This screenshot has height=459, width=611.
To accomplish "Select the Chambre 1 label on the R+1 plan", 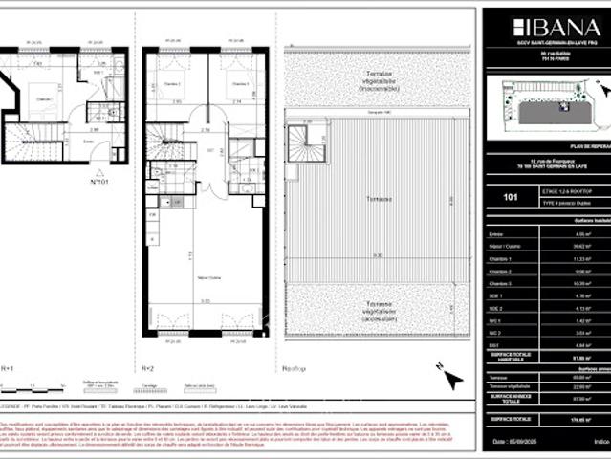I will coord(44,98).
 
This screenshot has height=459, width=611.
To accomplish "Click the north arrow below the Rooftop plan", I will coord(451,379).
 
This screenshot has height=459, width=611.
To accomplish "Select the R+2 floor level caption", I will coord(148,366).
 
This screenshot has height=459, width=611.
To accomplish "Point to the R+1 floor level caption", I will coord(7,366).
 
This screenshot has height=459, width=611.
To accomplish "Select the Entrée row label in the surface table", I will coord(493,232).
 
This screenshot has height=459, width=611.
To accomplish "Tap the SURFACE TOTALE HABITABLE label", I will coord(505,357).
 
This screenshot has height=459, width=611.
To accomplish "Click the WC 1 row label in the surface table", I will coord(494,320).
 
